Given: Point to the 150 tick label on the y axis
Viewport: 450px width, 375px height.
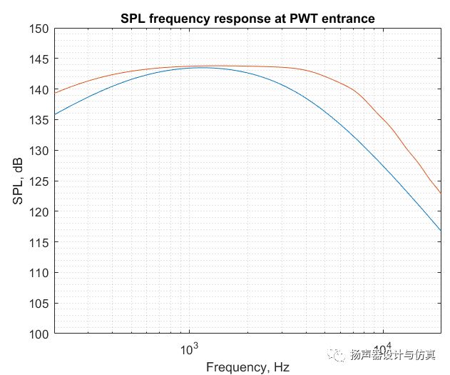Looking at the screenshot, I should (x=39, y=29).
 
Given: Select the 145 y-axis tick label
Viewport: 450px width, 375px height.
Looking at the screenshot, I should (x=39, y=59).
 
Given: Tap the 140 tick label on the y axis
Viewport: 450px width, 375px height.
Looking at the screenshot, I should (x=39, y=90).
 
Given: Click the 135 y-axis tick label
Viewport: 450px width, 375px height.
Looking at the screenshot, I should (x=39, y=120).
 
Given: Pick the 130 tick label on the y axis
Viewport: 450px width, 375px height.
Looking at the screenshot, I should (x=39, y=151).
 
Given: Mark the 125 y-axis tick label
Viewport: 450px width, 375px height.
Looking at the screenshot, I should (x=39, y=181).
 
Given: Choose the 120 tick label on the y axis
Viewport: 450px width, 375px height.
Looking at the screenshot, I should (x=39, y=212).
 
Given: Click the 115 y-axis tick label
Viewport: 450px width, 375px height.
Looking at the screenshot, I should (x=39, y=242).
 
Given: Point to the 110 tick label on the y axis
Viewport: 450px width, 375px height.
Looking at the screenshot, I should (x=39, y=273).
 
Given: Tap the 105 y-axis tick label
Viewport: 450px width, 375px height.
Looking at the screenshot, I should (x=39, y=304).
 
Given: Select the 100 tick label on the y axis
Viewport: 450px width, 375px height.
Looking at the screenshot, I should (x=39, y=334).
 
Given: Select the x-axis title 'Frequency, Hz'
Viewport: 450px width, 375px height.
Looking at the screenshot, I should (x=248, y=367).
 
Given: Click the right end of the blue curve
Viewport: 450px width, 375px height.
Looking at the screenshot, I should (x=441, y=231).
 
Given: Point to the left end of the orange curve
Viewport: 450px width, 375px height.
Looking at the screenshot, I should (x=55, y=93).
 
